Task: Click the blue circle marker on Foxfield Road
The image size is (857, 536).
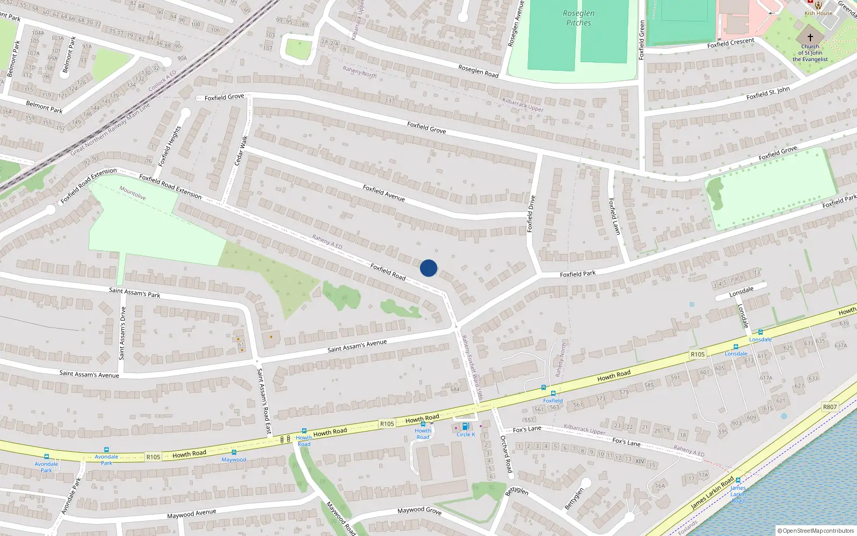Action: (x=428, y=268)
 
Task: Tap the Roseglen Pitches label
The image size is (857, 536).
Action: (x=578, y=18)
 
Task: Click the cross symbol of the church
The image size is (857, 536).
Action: (x=810, y=38)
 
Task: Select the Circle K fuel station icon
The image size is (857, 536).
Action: (x=465, y=427)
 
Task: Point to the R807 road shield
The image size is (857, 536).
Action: (x=830, y=407)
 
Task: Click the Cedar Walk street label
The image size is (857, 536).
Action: (x=241, y=151)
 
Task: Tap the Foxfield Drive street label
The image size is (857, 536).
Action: (x=531, y=214)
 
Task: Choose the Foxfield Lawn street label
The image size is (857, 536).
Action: (x=614, y=216)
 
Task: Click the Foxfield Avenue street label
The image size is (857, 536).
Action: (x=384, y=193)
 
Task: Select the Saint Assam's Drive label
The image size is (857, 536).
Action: (x=123, y=333)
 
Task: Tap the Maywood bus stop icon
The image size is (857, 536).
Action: (x=234, y=453)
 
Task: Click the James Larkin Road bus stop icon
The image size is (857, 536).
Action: (x=738, y=480)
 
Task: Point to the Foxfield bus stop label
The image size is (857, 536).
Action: (x=553, y=401)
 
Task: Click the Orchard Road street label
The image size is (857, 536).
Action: (x=506, y=453)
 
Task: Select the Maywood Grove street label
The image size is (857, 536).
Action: (x=419, y=510)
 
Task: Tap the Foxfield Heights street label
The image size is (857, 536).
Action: (x=170, y=146)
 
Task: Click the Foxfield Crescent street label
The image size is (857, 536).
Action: (x=731, y=43)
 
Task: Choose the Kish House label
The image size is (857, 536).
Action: (x=818, y=13)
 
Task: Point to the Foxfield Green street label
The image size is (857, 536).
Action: (x=642, y=40)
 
